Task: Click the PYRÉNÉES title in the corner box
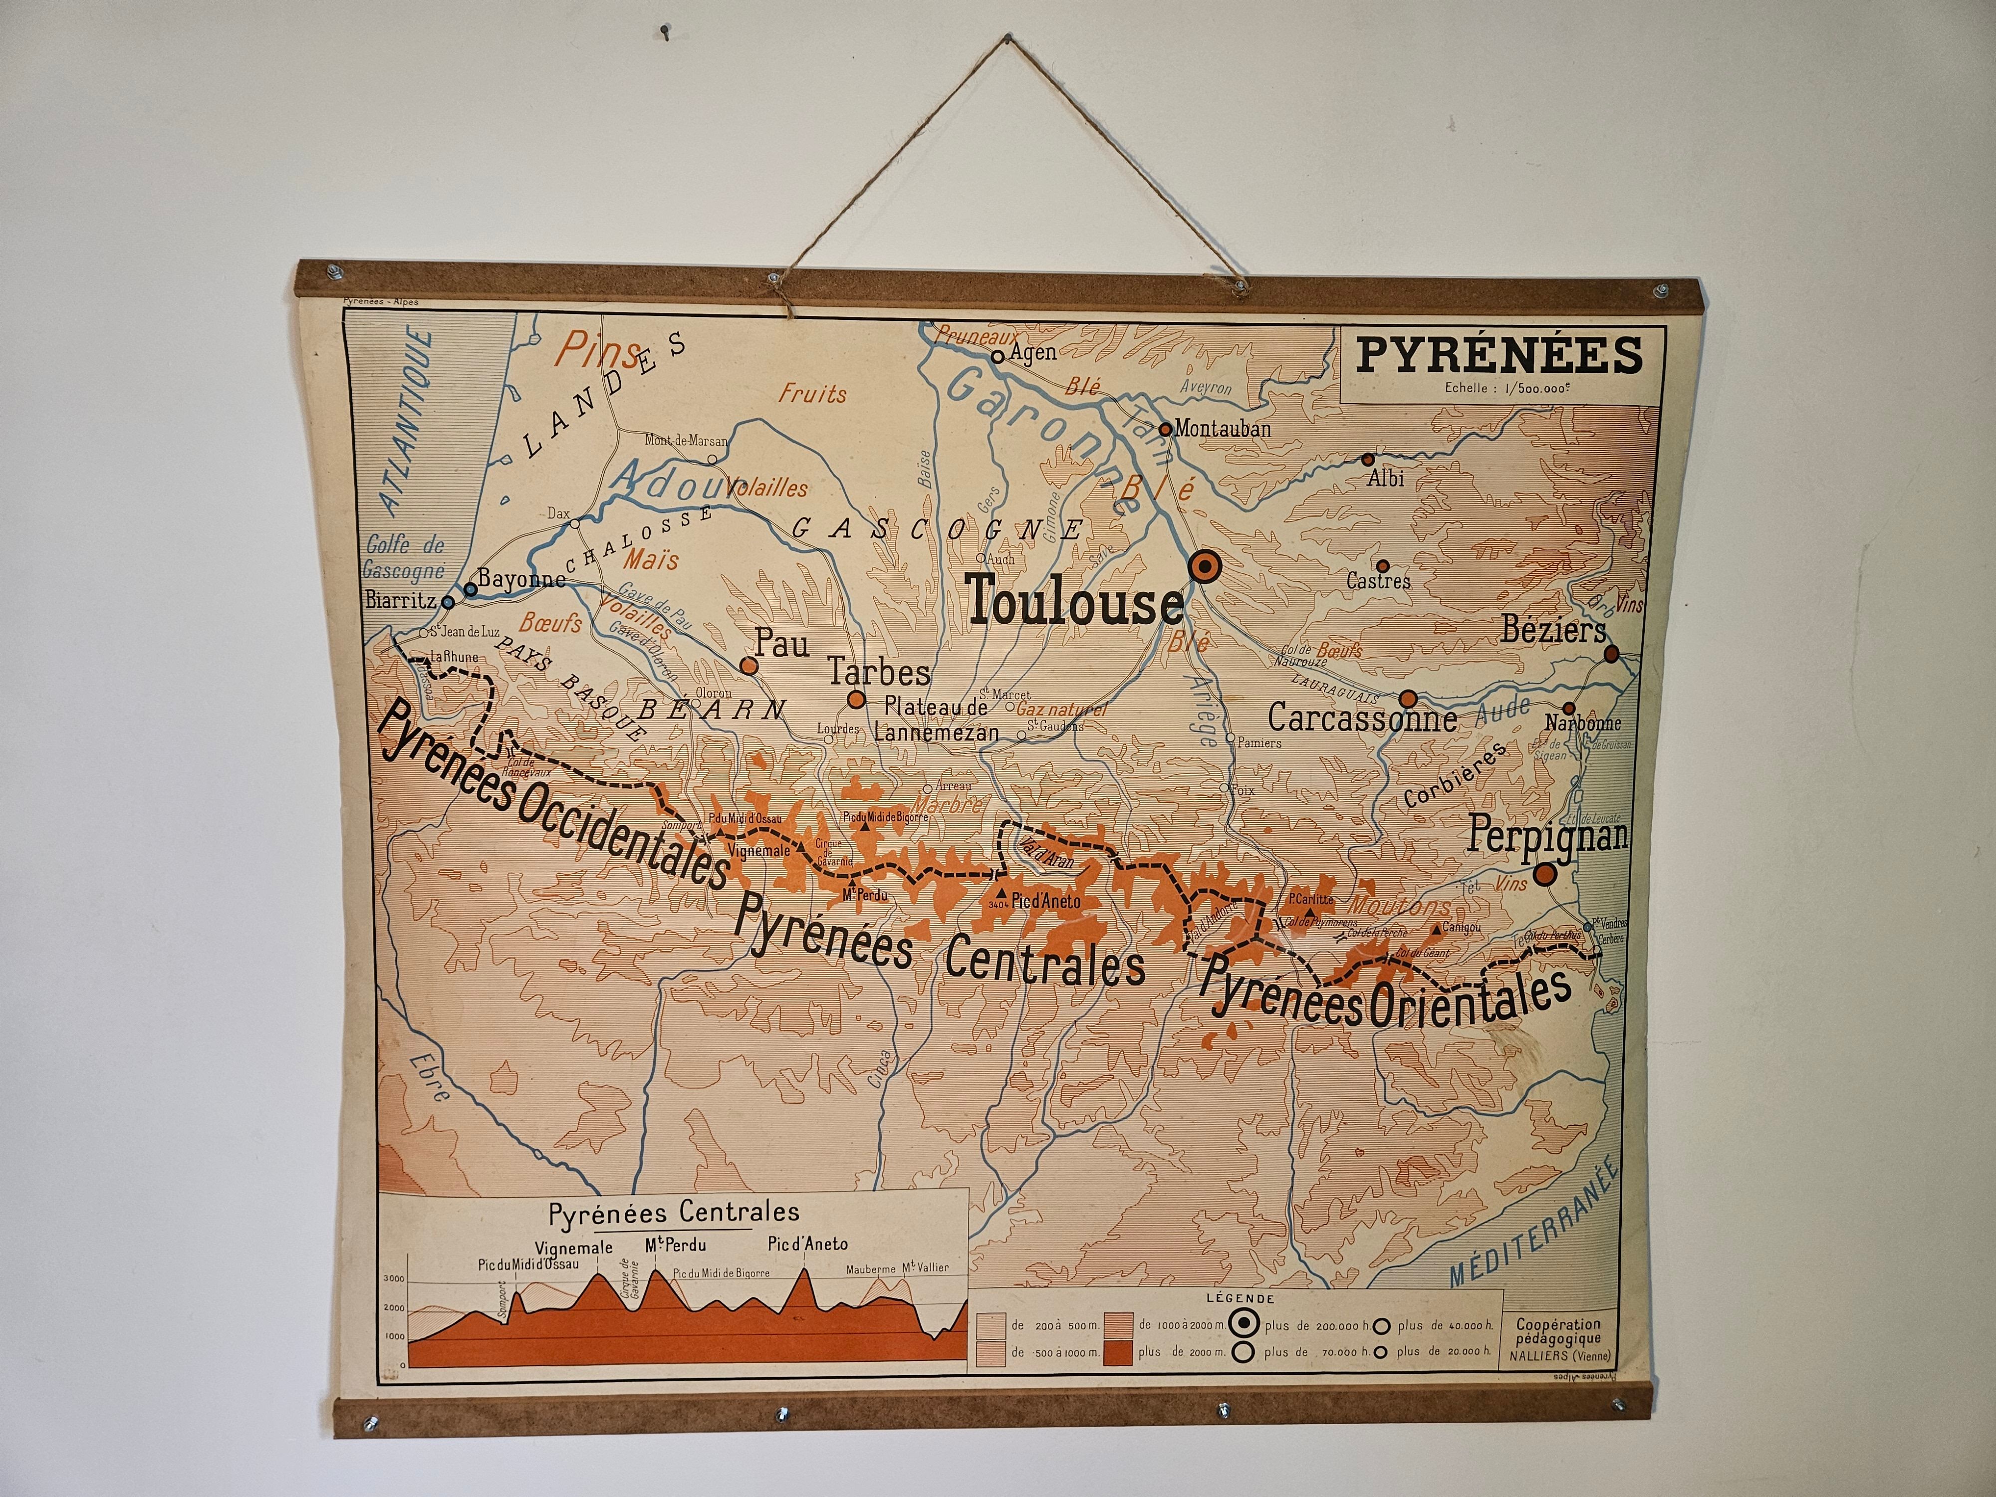click(x=1499, y=355)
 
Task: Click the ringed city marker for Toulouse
click(x=1204, y=567)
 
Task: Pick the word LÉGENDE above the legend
click(x=1241, y=1298)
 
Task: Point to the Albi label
click(x=1385, y=478)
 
